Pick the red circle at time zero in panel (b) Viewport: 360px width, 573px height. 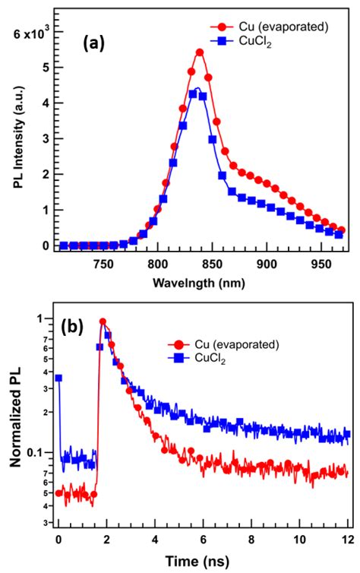point(58,493)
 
